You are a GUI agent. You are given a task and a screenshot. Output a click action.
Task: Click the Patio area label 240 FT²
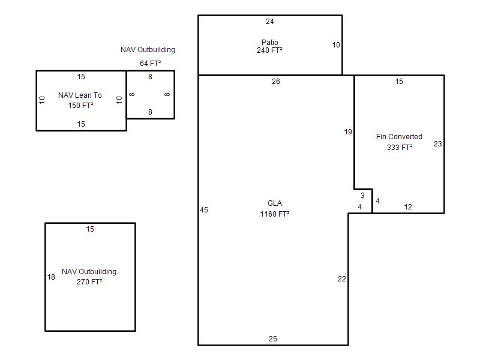[269, 50]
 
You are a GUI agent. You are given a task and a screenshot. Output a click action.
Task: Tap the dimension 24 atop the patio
[269, 22]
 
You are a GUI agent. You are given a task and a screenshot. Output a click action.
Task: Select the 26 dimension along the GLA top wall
[276, 82]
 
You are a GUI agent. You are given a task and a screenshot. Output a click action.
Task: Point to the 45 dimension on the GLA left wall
[204, 210]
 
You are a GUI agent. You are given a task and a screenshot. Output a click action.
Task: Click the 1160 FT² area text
[275, 214]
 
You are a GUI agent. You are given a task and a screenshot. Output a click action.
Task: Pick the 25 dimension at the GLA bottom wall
[273, 339]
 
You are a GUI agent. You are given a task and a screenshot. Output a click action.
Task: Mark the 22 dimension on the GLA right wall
[341, 279]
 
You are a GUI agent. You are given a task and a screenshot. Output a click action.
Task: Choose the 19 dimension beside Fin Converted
[348, 132]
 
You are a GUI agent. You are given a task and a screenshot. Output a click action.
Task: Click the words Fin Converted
[399, 137]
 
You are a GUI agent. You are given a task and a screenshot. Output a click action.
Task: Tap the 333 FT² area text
[400, 147]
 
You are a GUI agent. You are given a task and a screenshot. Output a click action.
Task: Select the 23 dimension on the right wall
[438, 144]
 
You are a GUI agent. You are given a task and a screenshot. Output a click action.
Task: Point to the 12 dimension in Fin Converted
[408, 207]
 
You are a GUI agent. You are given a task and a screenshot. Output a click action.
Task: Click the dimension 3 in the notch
[362, 196]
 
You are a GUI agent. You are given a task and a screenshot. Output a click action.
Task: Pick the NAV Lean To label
[80, 95]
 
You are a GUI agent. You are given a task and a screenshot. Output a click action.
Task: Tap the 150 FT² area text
[80, 106]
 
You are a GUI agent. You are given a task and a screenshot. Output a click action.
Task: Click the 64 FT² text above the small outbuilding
[151, 64]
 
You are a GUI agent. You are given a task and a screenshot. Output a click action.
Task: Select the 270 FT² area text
[89, 281]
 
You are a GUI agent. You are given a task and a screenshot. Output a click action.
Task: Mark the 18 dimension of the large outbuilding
[51, 277]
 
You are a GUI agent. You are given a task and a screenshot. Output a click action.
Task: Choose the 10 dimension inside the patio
[336, 45]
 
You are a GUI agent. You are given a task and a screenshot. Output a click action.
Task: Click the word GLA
[275, 203]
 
